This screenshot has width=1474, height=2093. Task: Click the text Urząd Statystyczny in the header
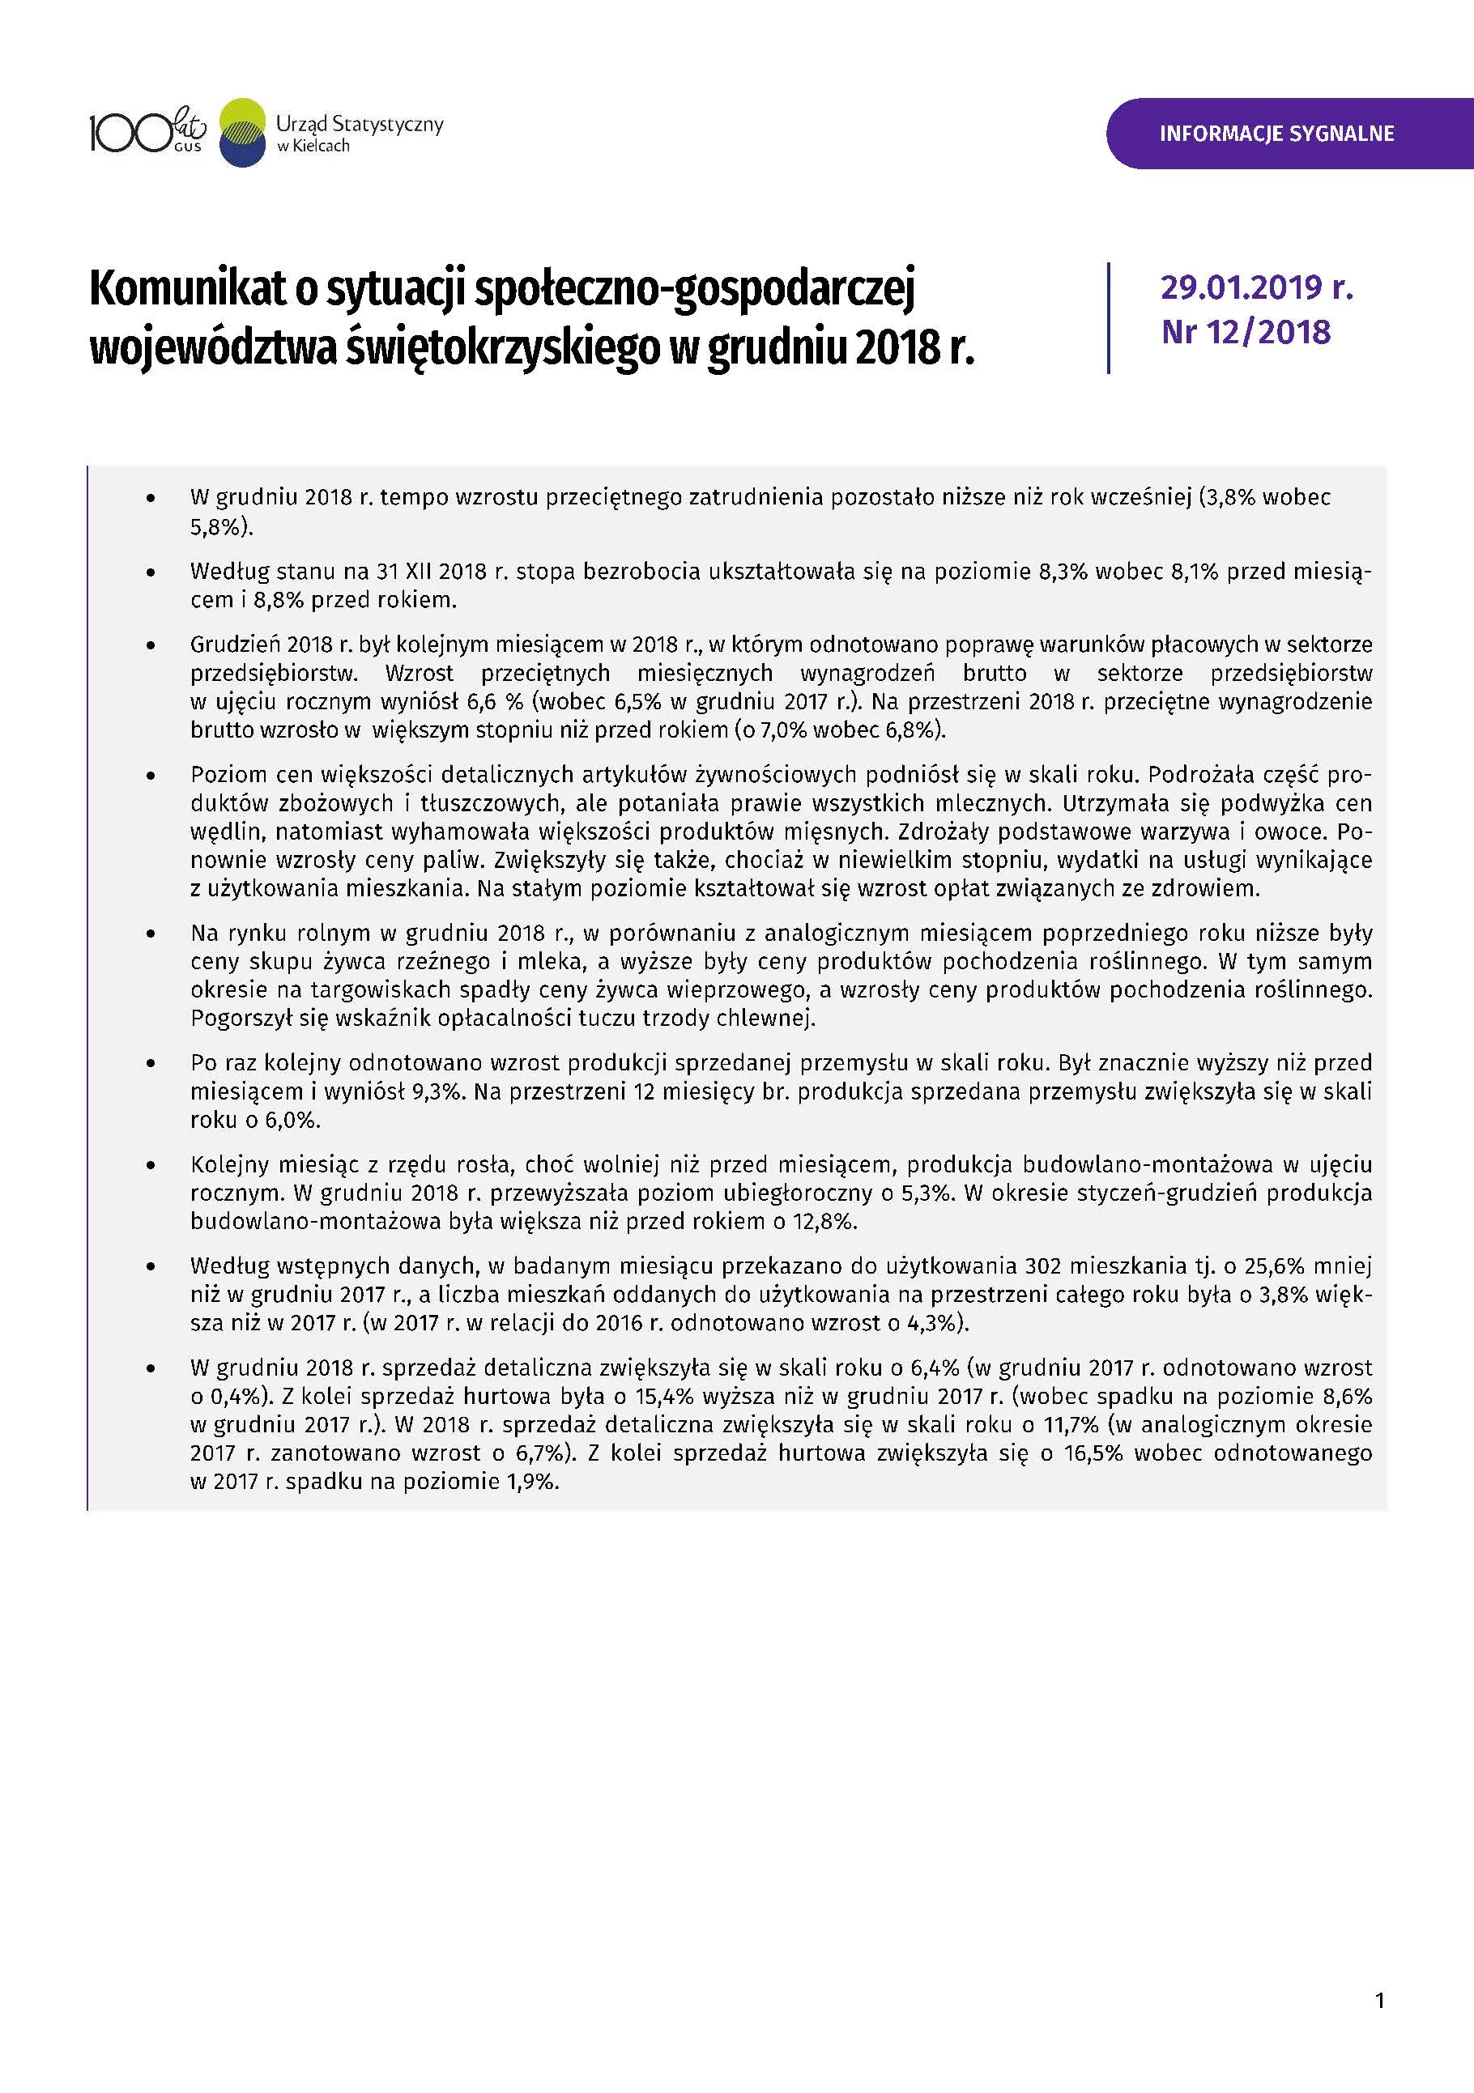359,124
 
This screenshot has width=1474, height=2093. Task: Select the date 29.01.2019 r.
1256,287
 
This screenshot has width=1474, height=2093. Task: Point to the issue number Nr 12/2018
1245,332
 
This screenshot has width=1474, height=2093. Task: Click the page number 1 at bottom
1379,2000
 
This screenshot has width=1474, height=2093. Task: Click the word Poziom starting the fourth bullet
223,775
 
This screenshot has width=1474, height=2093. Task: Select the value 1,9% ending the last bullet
531,1483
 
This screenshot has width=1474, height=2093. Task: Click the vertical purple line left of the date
1109,317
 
